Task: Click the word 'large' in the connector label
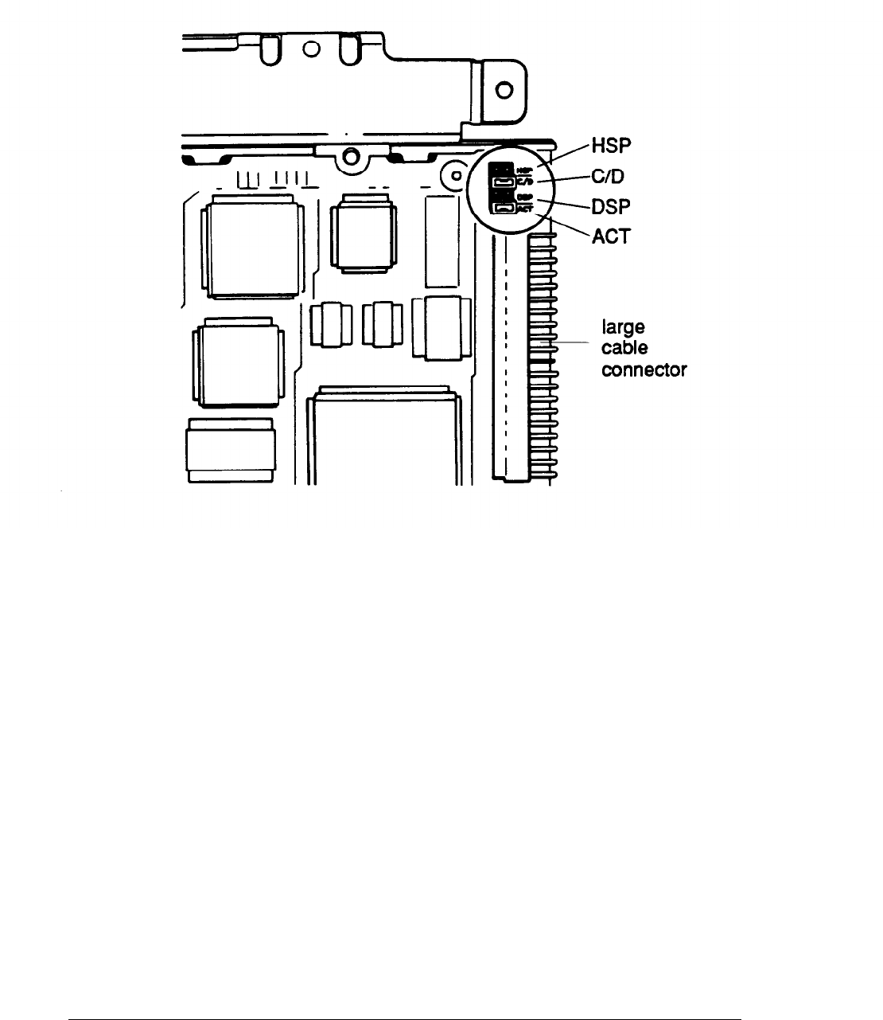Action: pyautogui.click(x=620, y=328)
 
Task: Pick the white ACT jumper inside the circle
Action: pyautogui.click(x=504, y=209)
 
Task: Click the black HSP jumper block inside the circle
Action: pyautogui.click(x=501, y=170)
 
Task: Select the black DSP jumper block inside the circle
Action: pyautogui.click(x=502, y=197)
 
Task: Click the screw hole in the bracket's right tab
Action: pyautogui.click(x=504, y=91)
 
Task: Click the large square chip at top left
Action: pyautogui.click(x=253, y=248)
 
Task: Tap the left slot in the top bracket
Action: pyautogui.click(x=270, y=52)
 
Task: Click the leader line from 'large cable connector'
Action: pyautogui.click(x=565, y=342)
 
